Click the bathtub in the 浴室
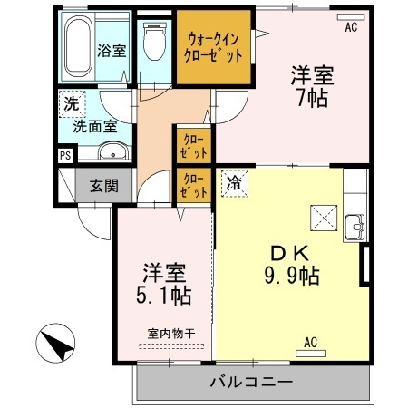tap(78, 46)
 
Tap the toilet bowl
tap(154, 41)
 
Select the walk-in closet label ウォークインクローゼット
tap(213, 48)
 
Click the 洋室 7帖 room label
tap(313, 87)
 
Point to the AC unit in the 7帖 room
tap(351, 17)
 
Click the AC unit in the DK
tap(311, 354)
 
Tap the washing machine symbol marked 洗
tap(72, 104)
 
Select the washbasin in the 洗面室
tap(113, 151)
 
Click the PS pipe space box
tap(65, 156)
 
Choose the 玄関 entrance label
tap(104, 186)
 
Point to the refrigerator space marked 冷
tap(235, 183)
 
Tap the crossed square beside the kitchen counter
tap(324, 219)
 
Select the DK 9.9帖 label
tap(292, 265)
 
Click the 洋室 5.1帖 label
tap(164, 284)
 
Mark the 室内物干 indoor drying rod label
tap(171, 334)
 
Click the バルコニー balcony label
tap(251, 383)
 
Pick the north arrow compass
tap(55, 343)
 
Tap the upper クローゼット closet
tap(194, 146)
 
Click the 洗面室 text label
tap(95, 126)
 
